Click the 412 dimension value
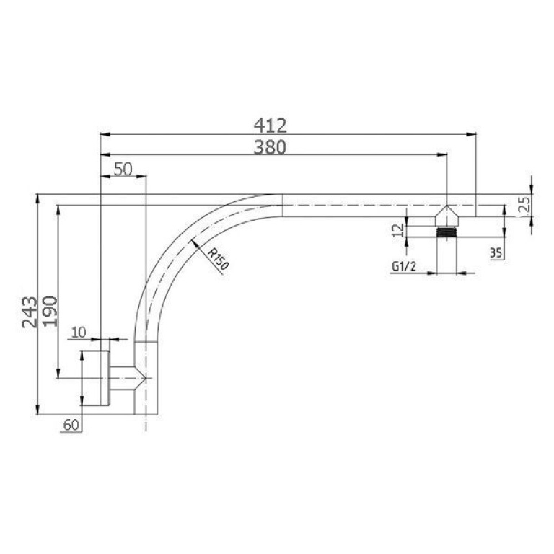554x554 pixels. (271, 126)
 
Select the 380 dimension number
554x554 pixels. (271, 146)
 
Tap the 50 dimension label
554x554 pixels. (123, 168)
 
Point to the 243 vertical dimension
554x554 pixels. (30, 311)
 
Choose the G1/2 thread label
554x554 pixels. (403, 266)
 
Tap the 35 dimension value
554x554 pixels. (496, 252)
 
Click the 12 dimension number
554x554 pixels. (399, 229)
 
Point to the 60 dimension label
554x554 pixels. (70, 426)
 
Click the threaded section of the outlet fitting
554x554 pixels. (447, 232)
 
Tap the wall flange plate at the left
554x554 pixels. (105, 378)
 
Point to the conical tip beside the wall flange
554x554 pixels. (137, 378)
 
